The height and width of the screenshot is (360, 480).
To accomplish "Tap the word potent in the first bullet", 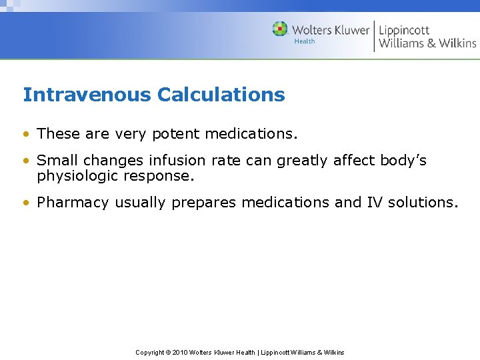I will click(176, 134).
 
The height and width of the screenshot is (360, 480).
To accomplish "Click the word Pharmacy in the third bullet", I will click(73, 203).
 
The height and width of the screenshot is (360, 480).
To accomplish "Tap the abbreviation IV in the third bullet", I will click(375, 203).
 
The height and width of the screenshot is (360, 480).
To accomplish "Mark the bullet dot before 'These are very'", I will click(26, 134).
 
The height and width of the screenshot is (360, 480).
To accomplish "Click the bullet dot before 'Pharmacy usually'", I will click(26, 203).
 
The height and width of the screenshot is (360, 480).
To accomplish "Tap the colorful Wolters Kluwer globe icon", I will click(280, 29).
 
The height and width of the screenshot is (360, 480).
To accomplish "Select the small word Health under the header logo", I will click(305, 41).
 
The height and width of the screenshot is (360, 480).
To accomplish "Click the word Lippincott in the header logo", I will click(404, 30).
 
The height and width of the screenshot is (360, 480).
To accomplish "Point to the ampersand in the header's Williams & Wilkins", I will click(430, 43).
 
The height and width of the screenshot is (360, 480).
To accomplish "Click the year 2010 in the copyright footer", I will click(181, 352).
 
